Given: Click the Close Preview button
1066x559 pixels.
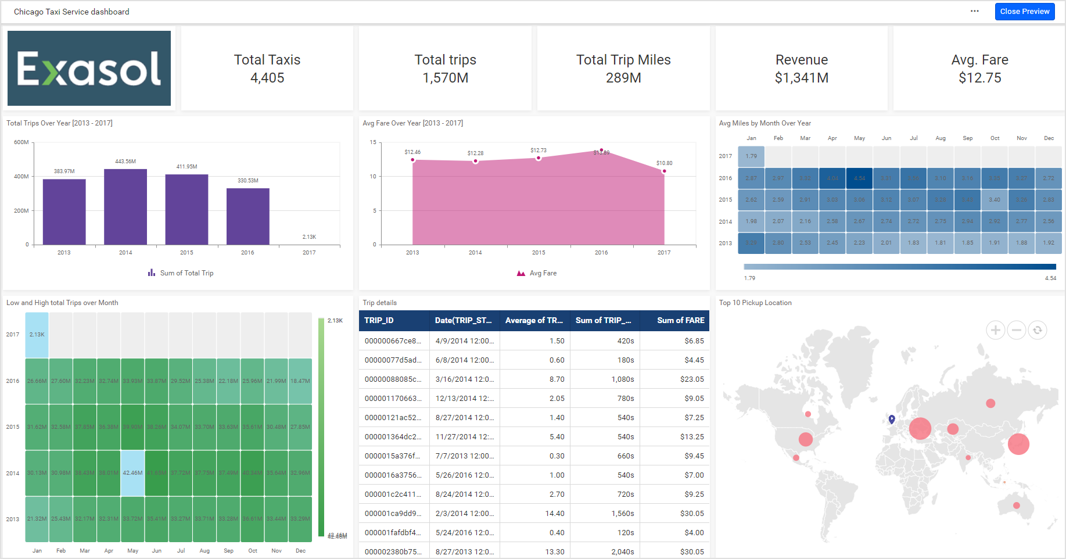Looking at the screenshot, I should pos(1024,12).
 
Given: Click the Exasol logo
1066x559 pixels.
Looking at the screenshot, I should pos(89,69).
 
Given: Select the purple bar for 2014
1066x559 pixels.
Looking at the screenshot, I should pos(125,206).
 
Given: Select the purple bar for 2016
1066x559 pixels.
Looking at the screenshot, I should pos(247,216).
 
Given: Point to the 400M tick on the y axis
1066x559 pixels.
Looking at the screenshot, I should pos(21,177).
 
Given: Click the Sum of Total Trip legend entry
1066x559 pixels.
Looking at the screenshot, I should pos(181,273).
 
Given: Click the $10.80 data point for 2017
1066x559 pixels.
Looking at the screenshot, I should pos(664,171).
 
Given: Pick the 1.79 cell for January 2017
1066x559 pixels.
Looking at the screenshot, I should pos(751,156).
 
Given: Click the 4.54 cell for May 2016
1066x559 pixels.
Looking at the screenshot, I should pos(859,178).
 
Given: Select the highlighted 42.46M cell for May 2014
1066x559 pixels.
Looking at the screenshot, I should pos(132,473).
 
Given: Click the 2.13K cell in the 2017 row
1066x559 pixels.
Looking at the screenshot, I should pos(37,335).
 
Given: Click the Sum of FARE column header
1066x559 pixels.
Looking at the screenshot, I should pos(680,320).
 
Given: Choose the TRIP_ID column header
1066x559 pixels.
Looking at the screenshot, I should pos(379,320).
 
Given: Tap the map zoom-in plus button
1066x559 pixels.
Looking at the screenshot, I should pos(995,330).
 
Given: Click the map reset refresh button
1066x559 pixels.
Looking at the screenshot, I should pos(1037,330).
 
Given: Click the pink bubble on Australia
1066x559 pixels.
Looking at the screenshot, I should pos(1016,506).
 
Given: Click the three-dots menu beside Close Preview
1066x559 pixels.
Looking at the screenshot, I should pos(974,11).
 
